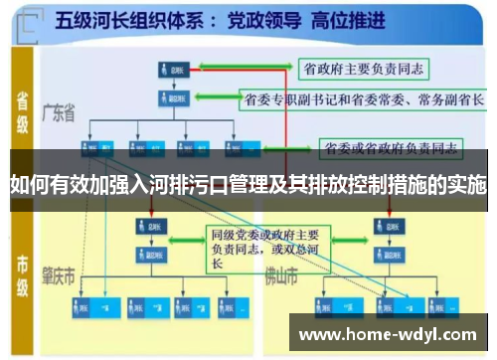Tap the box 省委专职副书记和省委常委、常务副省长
click(362, 99)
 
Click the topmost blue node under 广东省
click(170, 70)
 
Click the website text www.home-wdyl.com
click(392, 334)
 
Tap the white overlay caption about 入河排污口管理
click(248, 184)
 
